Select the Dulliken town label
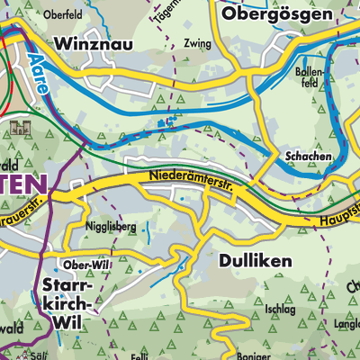point(229,260)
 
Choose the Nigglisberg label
point(112,228)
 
